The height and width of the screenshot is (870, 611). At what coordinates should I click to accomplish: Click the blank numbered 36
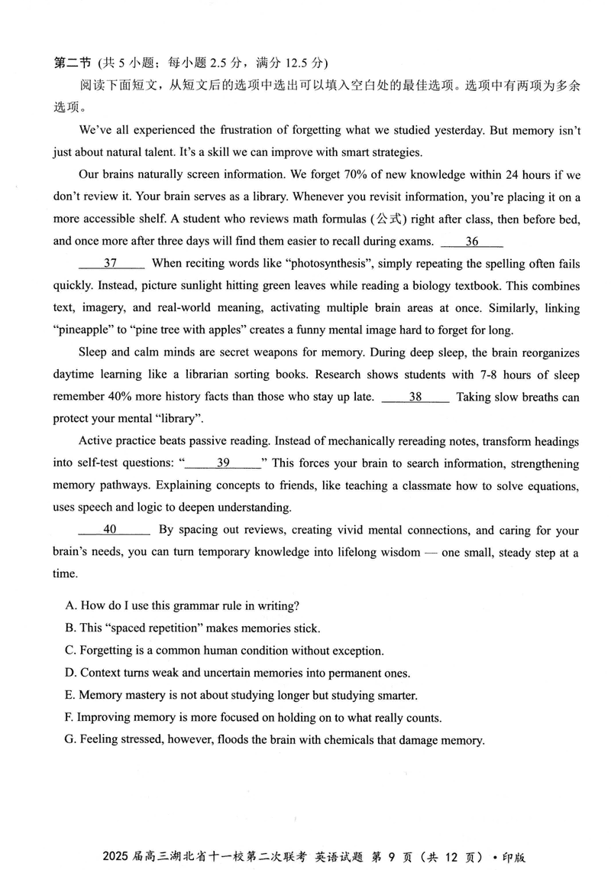pyautogui.click(x=472, y=242)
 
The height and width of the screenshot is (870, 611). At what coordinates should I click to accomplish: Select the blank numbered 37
pyautogui.click(x=112, y=264)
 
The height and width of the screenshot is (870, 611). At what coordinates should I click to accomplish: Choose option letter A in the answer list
pyautogui.click(x=70, y=605)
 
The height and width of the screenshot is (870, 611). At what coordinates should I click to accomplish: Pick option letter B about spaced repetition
pyautogui.click(x=70, y=628)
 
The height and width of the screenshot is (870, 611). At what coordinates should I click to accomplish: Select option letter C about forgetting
pyautogui.click(x=70, y=651)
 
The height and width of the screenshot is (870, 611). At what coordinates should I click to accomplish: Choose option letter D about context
pyautogui.click(x=70, y=674)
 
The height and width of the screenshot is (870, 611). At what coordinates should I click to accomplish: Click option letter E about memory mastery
pyautogui.click(x=70, y=696)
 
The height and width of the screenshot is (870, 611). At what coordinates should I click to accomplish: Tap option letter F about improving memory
pyautogui.click(x=70, y=718)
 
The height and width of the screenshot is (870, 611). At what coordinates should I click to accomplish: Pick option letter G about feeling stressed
pyautogui.click(x=70, y=740)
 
